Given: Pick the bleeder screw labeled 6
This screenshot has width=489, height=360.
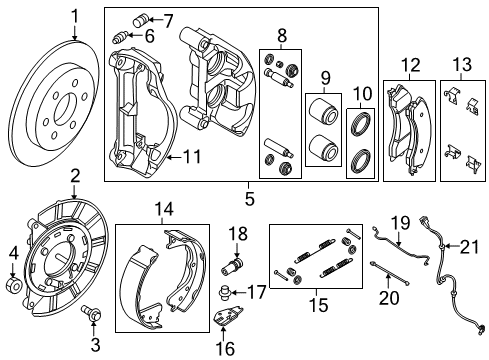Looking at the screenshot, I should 125,38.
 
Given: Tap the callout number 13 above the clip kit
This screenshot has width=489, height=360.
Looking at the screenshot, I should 460,66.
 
